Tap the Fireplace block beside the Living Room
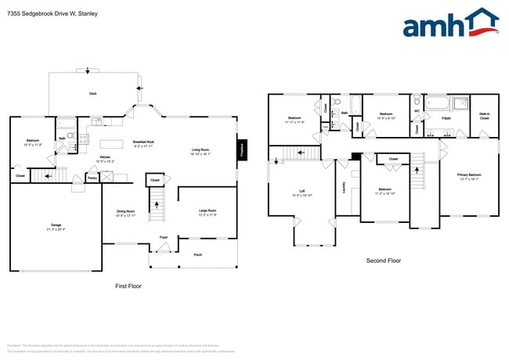242,149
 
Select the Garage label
55,226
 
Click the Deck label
92,93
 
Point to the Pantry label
92,178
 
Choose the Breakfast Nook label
143,142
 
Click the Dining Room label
126,211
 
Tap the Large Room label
208,211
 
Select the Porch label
197,254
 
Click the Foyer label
164,236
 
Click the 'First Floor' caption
128,286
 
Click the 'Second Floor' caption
384,261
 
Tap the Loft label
301,191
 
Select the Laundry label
345,187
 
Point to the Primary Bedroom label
469,175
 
